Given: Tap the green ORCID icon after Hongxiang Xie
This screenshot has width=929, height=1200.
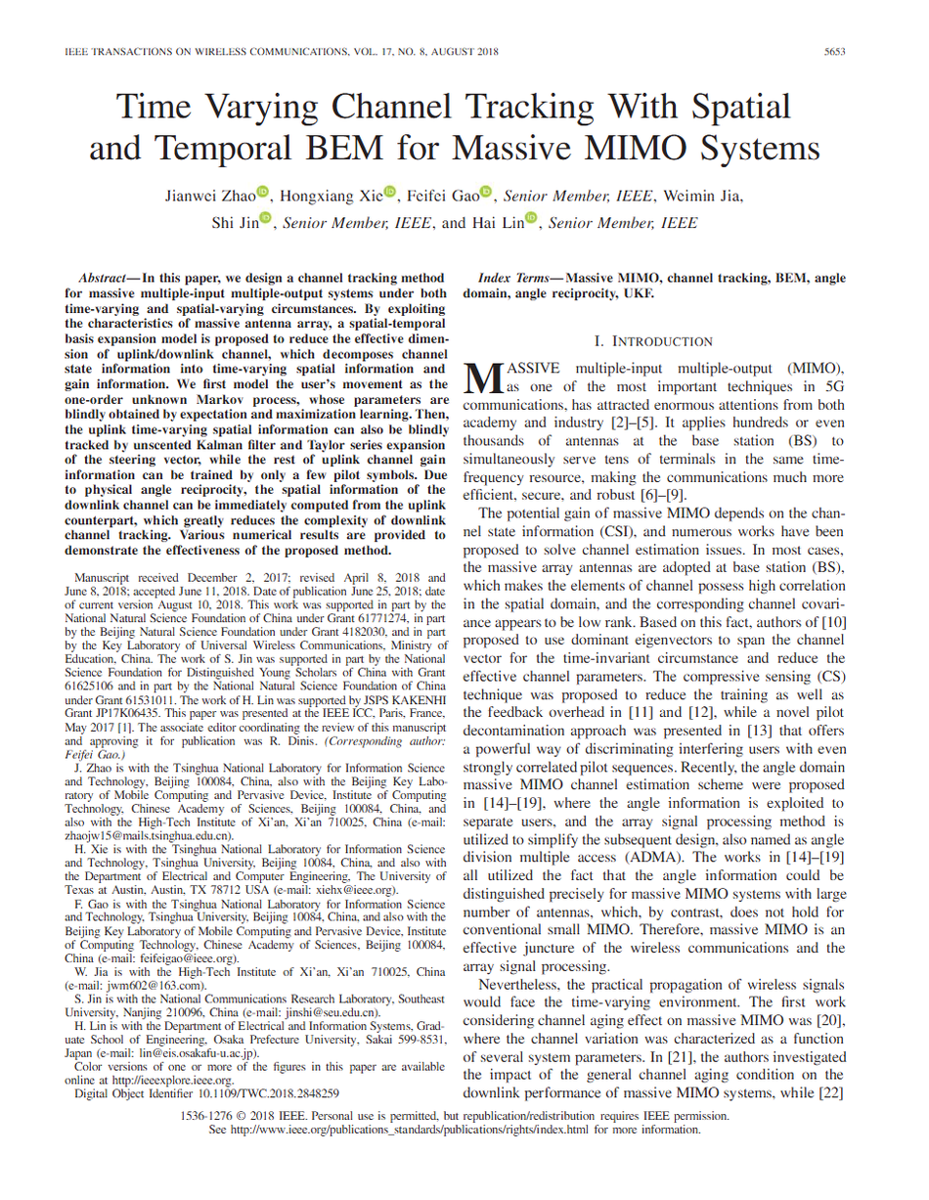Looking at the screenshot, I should [391, 192].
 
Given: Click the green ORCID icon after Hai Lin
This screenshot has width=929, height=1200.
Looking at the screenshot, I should [532, 219].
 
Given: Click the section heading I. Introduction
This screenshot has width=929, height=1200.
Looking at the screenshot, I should [653, 341].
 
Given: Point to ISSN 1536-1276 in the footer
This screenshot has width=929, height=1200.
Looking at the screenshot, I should [209, 1116].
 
